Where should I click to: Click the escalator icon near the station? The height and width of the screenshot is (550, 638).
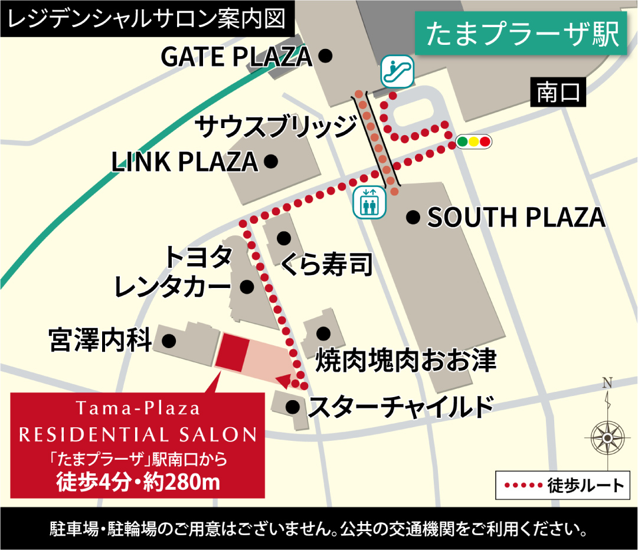tap(397, 71)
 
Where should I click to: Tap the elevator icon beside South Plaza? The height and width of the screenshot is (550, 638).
tap(369, 202)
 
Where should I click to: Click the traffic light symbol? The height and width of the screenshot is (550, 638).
tap(473, 142)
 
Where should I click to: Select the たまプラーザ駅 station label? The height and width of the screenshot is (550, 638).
tap(522, 35)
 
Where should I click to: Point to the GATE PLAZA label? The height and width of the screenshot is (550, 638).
tap(236, 57)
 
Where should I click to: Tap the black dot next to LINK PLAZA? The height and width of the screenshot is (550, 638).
tap(271, 161)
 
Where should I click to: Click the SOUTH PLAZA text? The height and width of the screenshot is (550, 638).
tap(516, 218)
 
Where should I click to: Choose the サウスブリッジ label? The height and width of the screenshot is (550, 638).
tap(276, 126)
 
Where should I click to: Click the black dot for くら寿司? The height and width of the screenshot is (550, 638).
tap(284, 238)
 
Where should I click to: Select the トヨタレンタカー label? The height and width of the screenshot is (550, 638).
tap(172, 273)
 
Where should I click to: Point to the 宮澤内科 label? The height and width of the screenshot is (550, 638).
tap(101, 341)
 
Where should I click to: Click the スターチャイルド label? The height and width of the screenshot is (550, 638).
tap(401, 407)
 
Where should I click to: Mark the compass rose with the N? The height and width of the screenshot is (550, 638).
tap(608, 436)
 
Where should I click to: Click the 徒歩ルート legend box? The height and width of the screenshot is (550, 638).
tap(565, 486)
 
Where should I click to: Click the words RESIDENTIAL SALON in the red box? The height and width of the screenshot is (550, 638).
tap(138, 436)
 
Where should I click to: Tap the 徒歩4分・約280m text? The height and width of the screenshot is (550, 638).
tap(138, 482)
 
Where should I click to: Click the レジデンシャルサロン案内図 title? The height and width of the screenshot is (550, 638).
tap(148, 19)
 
